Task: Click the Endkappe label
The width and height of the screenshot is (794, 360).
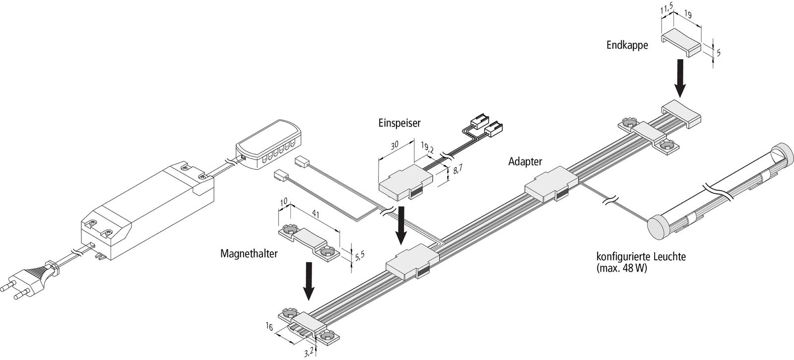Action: [627, 45]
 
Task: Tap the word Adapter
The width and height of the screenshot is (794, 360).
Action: [525, 161]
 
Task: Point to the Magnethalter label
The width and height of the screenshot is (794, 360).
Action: [249, 253]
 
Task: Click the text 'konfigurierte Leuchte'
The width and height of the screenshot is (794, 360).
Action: [641, 258]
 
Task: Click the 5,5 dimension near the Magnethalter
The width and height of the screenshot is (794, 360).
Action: [360, 256]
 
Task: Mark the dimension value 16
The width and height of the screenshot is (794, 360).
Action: [269, 326]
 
